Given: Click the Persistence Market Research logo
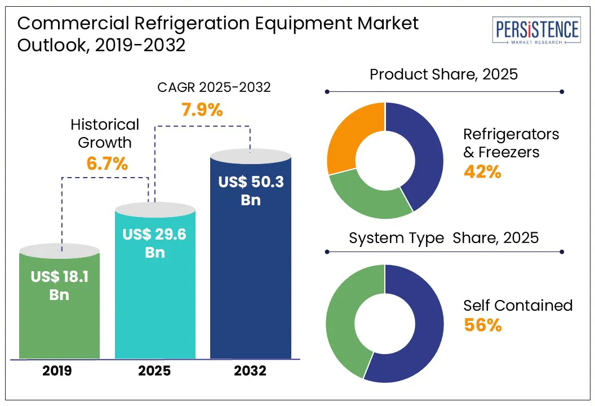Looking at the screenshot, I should [536, 32].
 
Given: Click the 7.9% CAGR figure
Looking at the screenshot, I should [202, 109].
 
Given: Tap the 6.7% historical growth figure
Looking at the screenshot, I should [107, 164].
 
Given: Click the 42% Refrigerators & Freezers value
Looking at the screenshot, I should [482, 171].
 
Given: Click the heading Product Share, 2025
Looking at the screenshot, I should [443, 74].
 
